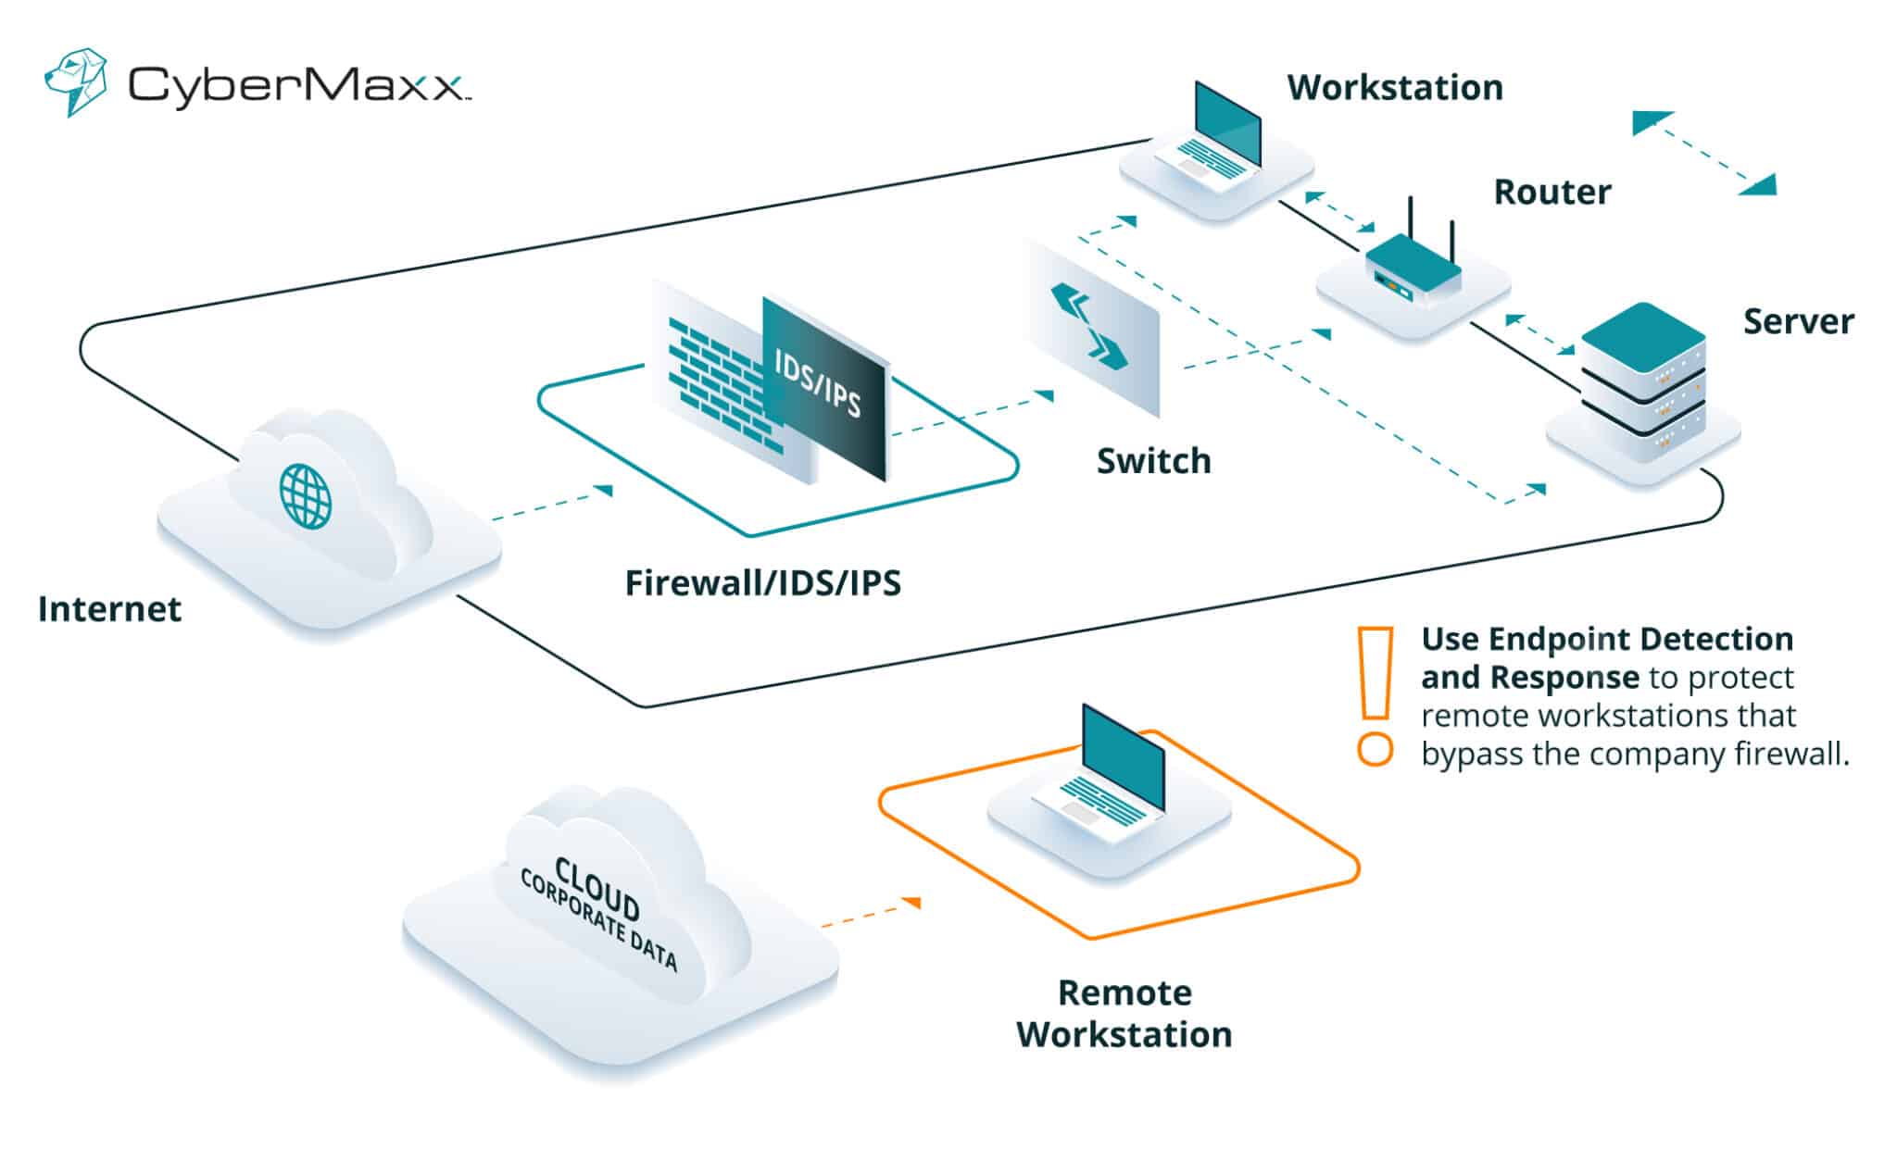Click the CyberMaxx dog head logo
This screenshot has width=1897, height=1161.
tap(75, 81)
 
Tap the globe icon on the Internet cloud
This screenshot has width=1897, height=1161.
tap(306, 496)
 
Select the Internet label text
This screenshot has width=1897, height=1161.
tap(109, 609)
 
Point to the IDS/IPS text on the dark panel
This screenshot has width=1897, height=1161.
tap(818, 385)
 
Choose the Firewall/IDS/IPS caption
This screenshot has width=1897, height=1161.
tap(762, 583)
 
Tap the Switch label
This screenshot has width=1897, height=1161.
tap(1153, 461)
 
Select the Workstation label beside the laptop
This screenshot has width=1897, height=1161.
tap(1394, 88)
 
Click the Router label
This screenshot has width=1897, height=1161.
tap(1552, 193)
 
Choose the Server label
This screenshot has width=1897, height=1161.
tap(1798, 322)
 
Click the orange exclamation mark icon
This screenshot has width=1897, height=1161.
tap(1376, 694)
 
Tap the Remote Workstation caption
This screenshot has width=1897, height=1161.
tap(1124, 1014)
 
